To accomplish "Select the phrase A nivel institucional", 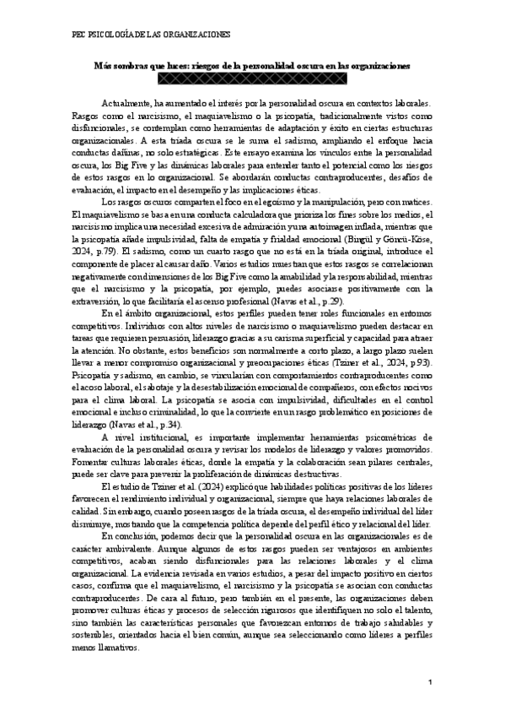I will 140,437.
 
